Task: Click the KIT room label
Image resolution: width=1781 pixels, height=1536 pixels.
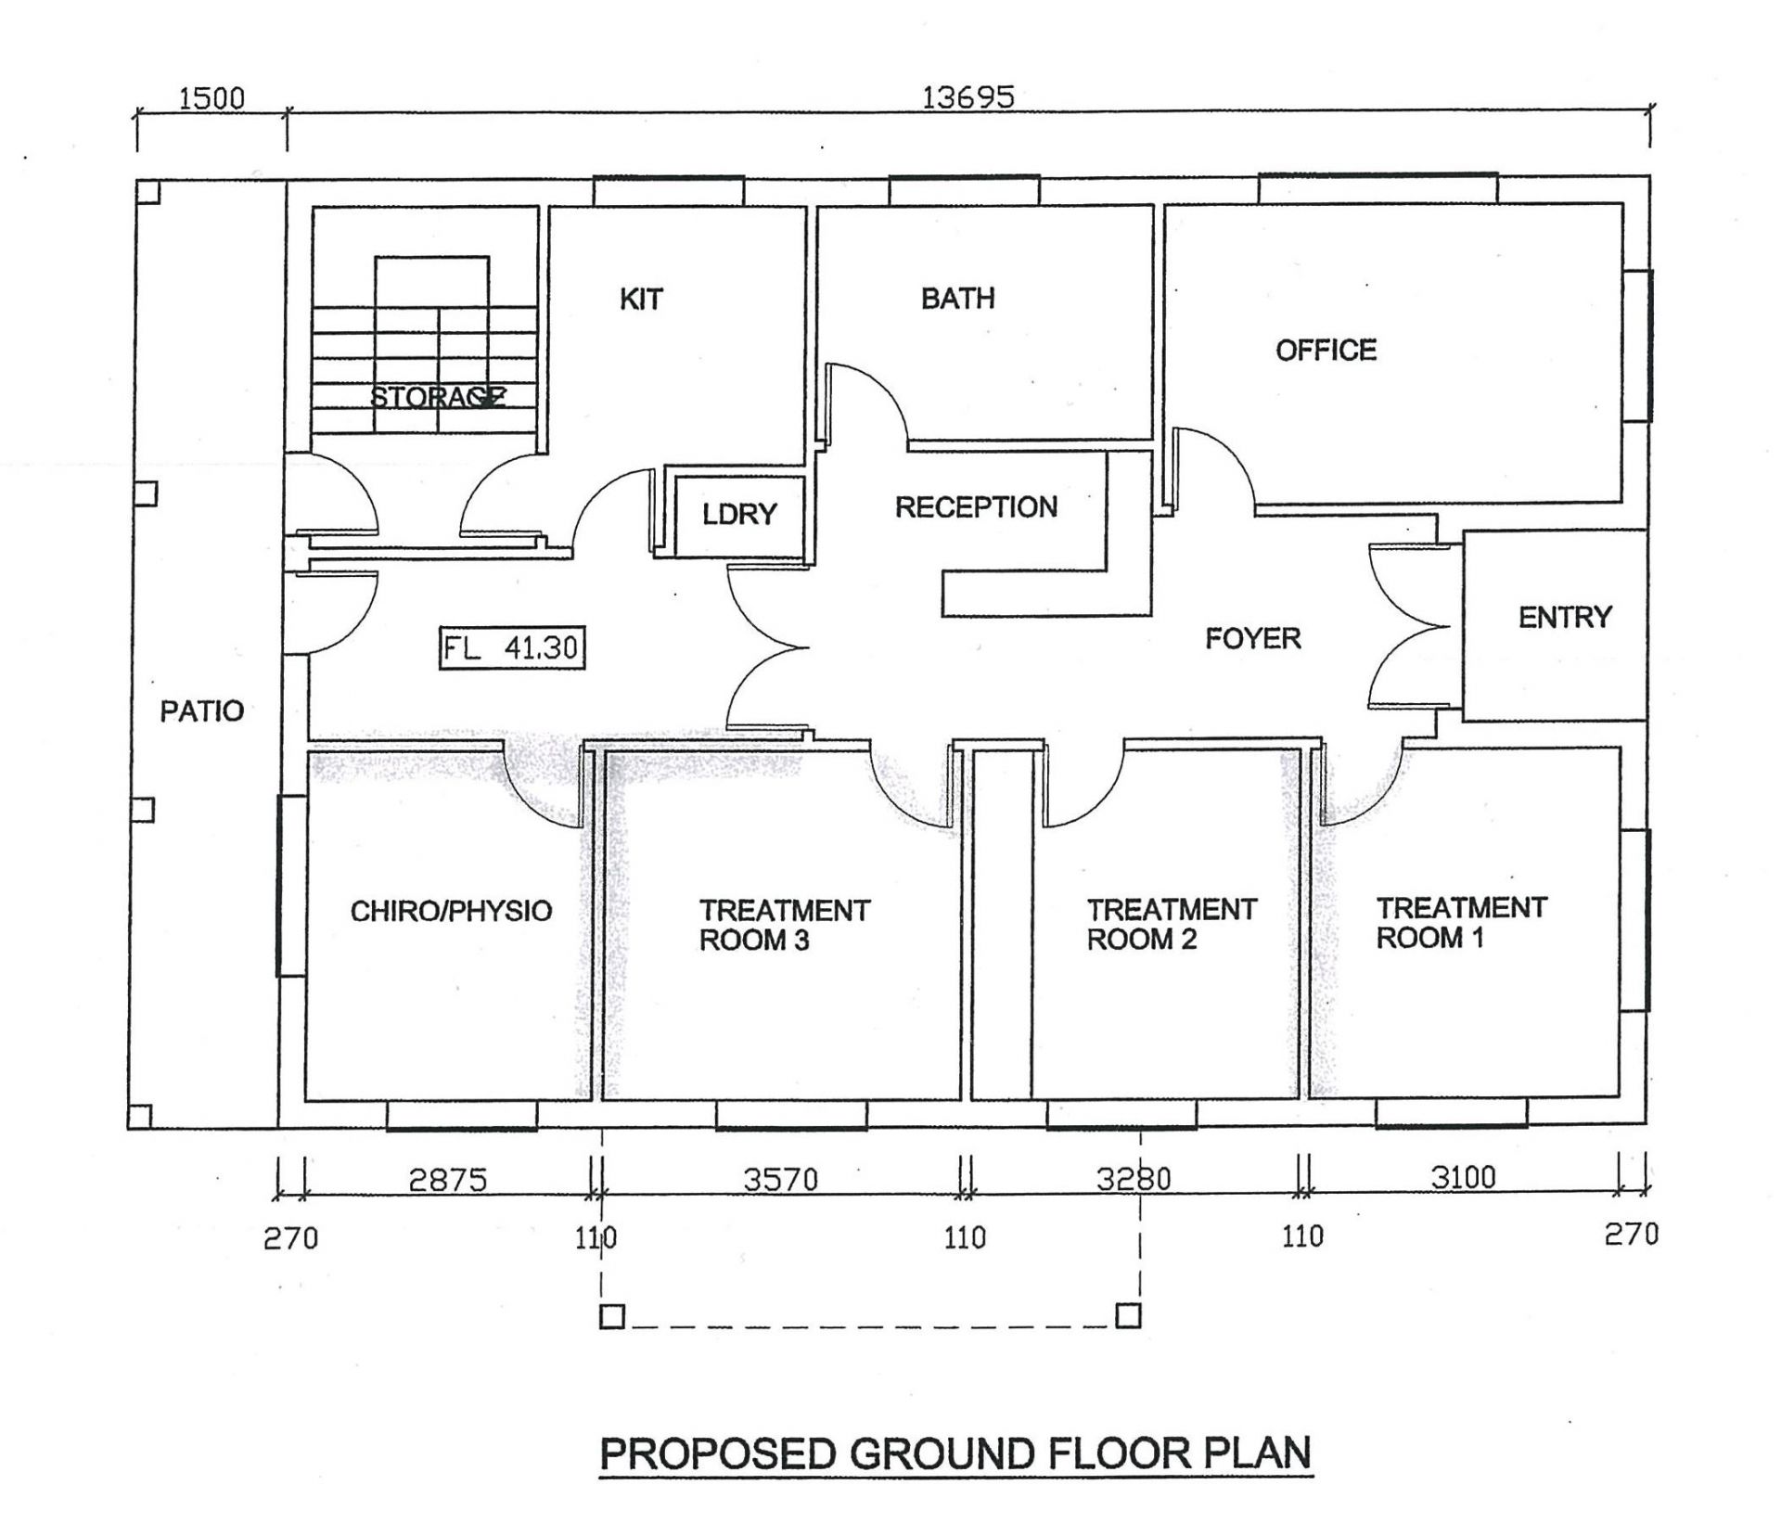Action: point(641,299)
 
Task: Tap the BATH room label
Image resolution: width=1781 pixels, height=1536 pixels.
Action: point(958,298)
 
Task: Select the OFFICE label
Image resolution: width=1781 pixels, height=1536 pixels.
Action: point(1326,350)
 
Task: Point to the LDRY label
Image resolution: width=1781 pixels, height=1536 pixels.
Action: point(739,514)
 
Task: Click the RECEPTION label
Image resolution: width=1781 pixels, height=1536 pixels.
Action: point(976,506)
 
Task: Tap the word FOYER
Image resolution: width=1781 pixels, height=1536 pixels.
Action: point(1253,638)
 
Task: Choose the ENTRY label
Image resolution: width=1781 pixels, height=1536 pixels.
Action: point(1565,617)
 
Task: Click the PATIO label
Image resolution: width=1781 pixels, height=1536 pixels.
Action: point(202,711)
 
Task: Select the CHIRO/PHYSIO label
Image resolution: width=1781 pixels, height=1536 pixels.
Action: point(451,911)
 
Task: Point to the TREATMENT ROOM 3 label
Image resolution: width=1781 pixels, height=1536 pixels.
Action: point(785,925)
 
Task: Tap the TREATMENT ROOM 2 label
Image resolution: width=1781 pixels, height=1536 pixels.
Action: point(1172,924)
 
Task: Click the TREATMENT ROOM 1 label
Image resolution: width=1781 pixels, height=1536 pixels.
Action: point(1461,922)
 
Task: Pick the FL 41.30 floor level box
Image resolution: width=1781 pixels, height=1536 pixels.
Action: point(512,647)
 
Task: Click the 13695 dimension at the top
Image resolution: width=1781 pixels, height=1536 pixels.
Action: point(967,96)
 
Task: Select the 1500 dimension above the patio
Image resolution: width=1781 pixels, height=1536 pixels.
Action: point(211,97)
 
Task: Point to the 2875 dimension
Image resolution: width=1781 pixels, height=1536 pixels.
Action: point(448,1180)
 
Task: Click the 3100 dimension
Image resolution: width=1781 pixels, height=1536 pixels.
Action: point(1464,1177)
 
